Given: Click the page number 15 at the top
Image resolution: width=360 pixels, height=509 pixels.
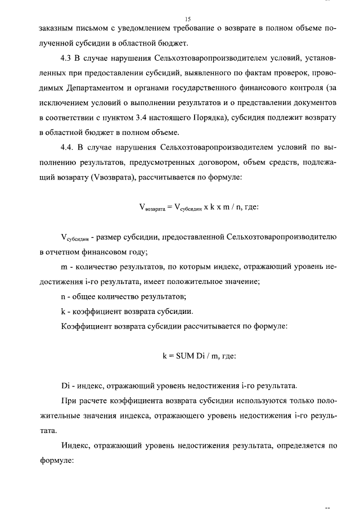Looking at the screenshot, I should point(180,19).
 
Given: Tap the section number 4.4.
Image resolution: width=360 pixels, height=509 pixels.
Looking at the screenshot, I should point(68,147).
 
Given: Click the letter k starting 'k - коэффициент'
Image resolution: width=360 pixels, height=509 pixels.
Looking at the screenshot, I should point(62,311).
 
